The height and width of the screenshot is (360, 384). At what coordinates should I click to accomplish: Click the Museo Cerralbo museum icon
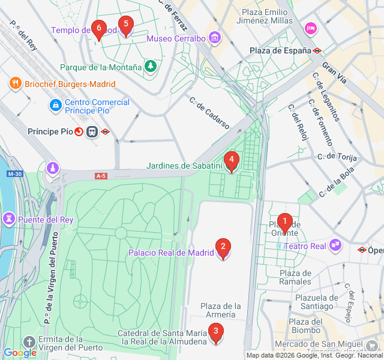coord(215,39)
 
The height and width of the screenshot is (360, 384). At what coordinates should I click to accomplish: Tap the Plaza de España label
coord(280,51)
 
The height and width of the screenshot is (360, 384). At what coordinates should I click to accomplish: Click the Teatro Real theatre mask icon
coord(335,245)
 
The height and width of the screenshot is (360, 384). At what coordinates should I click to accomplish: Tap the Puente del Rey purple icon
coord(10,219)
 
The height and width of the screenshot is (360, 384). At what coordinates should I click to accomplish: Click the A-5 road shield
coord(101,176)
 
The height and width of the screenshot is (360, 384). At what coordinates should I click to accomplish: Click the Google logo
coord(20,353)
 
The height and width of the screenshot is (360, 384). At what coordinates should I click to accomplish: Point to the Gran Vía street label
coord(334,71)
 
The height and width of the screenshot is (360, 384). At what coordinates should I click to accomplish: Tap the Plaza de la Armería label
coord(221,311)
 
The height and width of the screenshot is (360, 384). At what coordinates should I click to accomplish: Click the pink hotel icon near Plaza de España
coord(310,28)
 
